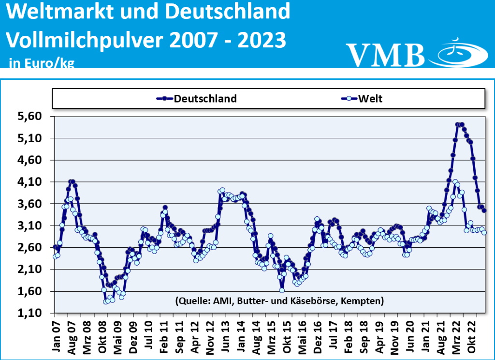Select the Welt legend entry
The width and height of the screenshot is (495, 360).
pos(370,99)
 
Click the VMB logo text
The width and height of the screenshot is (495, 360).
pos(385,54)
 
